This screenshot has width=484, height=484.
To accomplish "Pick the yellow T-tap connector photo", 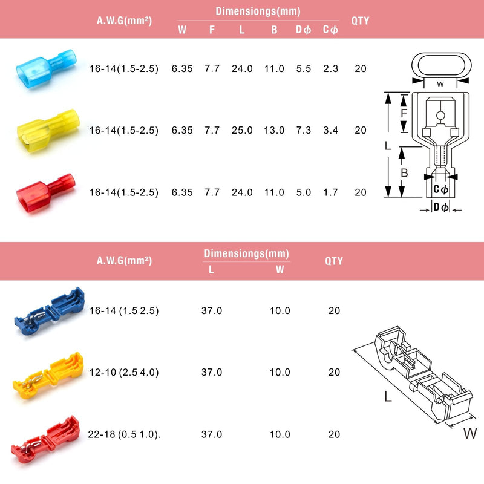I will [x=48, y=372].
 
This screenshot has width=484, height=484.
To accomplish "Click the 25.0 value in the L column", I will [x=242, y=131].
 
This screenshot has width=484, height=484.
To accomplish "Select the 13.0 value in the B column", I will [x=273, y=131].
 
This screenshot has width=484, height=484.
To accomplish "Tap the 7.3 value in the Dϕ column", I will [x=304, y=131].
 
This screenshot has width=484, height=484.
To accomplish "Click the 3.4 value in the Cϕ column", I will [x=330, y=131].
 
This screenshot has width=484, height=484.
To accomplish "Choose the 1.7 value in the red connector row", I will [x=330, y=192].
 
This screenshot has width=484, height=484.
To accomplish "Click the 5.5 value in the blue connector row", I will [x=304, y=69].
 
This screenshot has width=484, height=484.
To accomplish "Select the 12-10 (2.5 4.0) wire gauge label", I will [x=124, y=373].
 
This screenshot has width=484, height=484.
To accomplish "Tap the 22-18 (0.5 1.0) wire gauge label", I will [x=125, y=434].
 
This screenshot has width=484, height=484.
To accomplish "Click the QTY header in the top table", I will [x=361, y=21].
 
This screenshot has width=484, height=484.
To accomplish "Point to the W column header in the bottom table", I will [x=280, y=270].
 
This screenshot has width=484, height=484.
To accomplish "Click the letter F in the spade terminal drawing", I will [x=404, y=113].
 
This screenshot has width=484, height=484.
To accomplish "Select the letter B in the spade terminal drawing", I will [x=404, y=173].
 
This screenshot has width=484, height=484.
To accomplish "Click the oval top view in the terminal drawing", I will [x=440, y=65].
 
